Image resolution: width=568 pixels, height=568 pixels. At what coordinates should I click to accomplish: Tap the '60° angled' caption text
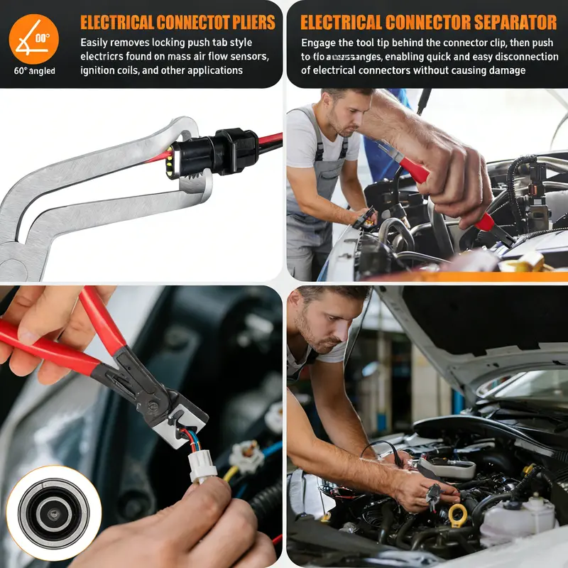(x=34, y=70)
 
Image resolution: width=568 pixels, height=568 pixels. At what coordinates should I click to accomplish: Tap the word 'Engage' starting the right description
(x=320, y=43)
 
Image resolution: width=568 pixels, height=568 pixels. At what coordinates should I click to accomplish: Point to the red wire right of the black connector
(x=270, y=140)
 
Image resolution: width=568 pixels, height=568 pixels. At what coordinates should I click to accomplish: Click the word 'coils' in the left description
(x=150, y=70)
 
